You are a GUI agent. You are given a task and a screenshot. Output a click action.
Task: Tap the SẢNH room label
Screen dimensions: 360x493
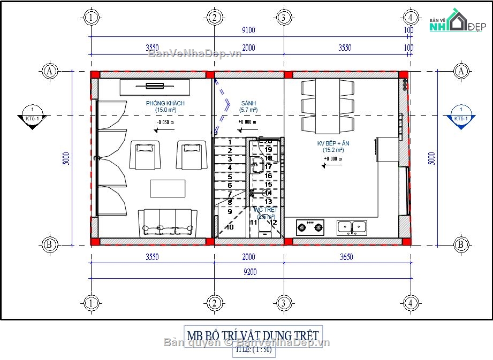248,103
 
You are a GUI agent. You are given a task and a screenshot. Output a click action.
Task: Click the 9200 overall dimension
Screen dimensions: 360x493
250,272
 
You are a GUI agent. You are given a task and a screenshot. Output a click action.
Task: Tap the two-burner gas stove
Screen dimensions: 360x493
311,227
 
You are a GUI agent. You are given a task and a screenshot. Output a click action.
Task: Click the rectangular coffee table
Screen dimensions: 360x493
168,188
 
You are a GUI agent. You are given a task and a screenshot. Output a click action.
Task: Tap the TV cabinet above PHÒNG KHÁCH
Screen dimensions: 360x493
155,87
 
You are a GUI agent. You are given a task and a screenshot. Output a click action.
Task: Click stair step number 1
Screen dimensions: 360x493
230,142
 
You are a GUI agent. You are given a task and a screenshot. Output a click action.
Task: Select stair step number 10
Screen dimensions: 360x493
230,227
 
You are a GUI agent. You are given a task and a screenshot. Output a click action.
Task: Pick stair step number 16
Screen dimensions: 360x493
269,175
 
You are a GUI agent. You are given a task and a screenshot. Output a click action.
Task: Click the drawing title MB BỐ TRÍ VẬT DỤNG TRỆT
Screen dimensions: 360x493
253,335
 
